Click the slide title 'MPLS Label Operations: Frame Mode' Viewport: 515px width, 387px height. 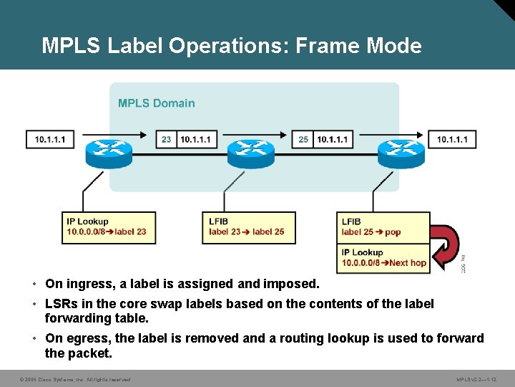click(231, 46)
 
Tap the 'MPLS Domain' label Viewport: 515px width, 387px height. click(156, 103)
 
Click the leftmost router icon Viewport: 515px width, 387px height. click(106, 151)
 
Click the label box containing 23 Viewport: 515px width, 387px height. click(166, 139)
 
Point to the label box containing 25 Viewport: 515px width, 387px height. click(303, 139)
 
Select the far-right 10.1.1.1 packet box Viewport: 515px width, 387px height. click(452, 139)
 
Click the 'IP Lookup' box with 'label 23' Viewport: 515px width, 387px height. click(109, 227)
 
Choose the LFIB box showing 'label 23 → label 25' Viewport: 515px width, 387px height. click(248, 227)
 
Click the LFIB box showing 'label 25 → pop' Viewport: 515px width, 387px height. click(383, 227)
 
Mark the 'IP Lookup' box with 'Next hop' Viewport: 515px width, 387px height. click(383, 257)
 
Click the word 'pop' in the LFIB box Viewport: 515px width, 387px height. click(393, 232)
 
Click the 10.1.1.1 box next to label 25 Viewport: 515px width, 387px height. click(332, 139)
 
